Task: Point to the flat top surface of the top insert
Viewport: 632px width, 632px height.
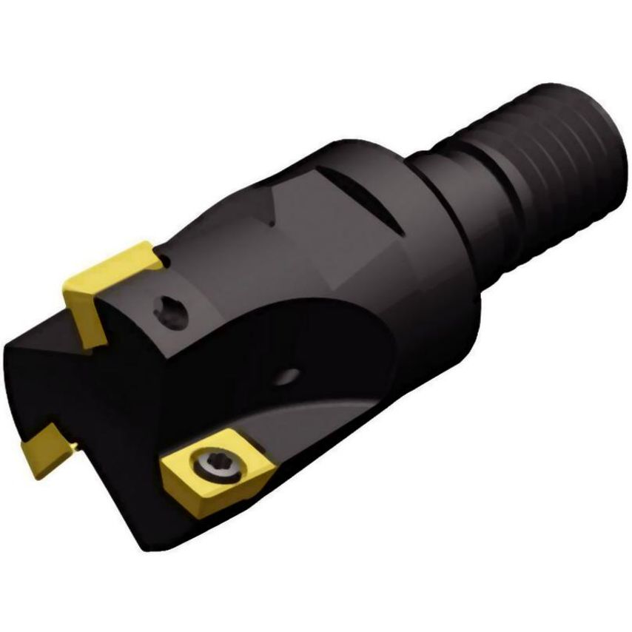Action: [111, 266]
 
